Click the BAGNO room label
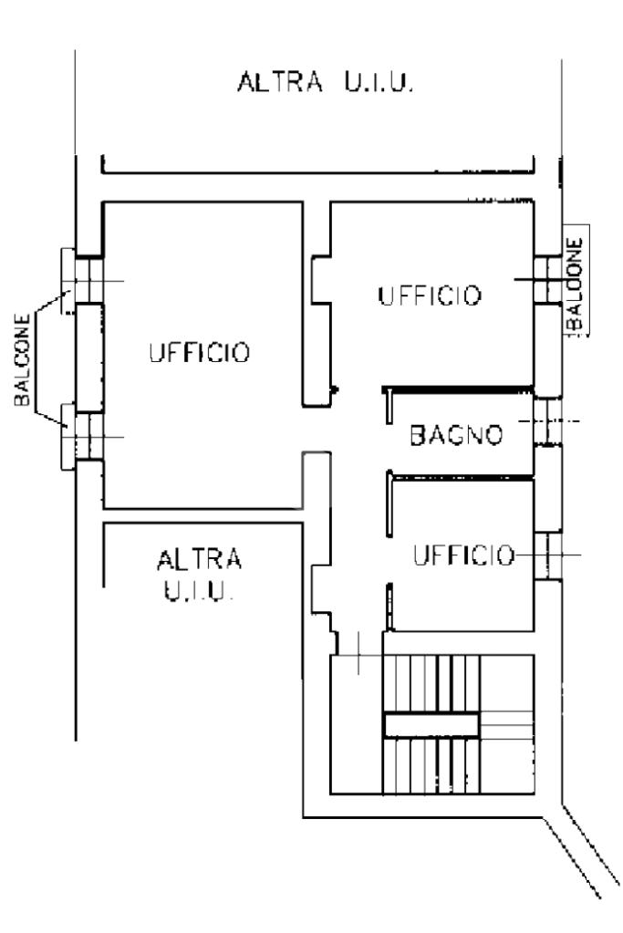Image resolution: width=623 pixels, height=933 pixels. (x=456, y=435)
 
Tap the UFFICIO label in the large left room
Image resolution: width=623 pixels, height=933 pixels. (x=200, y=352)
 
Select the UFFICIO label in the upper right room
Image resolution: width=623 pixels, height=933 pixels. (x=430, y=295)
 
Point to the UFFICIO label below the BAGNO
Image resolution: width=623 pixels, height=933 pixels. (x=463, y=555)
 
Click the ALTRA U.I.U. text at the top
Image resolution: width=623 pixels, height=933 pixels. (x=325, y=81)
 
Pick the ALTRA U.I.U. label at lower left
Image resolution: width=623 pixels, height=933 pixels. (x=200, y=575)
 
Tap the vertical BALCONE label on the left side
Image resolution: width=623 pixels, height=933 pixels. (x=22, y=360)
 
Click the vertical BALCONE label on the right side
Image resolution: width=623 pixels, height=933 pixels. (x=576, y=284)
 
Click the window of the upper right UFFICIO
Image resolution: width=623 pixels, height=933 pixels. (x=547, y=280)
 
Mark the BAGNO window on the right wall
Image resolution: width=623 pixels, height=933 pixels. (x=547, y=421)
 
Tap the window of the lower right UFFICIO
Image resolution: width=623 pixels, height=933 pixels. (x=547, y=555)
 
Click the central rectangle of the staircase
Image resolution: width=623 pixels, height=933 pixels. (x=431, y=725)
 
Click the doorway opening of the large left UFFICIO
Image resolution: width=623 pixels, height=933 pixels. (x=316, y=429)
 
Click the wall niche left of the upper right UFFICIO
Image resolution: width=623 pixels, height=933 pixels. (x=321, y=280)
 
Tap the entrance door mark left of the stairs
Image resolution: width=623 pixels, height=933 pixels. (x=358, y=654)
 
